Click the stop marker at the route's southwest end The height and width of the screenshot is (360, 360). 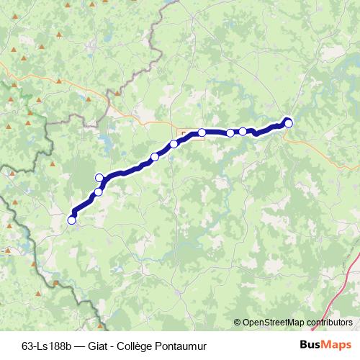(x=71, y=220)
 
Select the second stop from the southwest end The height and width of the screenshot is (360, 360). (x=99, y=192)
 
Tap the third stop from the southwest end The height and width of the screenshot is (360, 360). (x=99, y=178)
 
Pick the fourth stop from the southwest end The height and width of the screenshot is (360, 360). (x=155, y=157)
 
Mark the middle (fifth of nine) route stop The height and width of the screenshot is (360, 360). (x=174, y=144)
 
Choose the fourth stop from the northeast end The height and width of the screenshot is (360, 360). (x=202, y=132)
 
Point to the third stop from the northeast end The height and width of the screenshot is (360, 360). (x=230, y=132)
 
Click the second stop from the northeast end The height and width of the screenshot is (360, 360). (x=243, y=131)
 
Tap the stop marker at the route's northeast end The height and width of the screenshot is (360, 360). (x=289, y=123)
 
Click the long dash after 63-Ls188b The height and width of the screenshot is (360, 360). (x=83, y=345)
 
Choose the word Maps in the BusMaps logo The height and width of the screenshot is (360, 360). (x=337, y=345)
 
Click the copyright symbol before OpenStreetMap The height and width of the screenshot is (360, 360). (x=238, y=323)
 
